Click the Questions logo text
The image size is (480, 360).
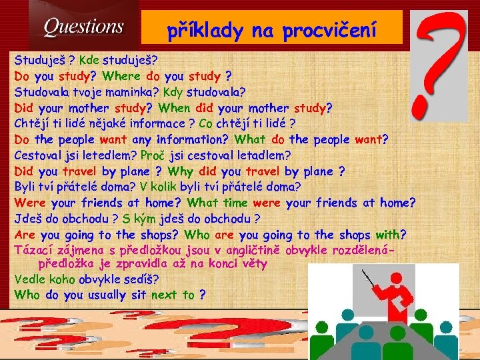coord(83,28)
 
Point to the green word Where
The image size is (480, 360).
coord(121,75)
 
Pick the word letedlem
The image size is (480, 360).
coord(111,155)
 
